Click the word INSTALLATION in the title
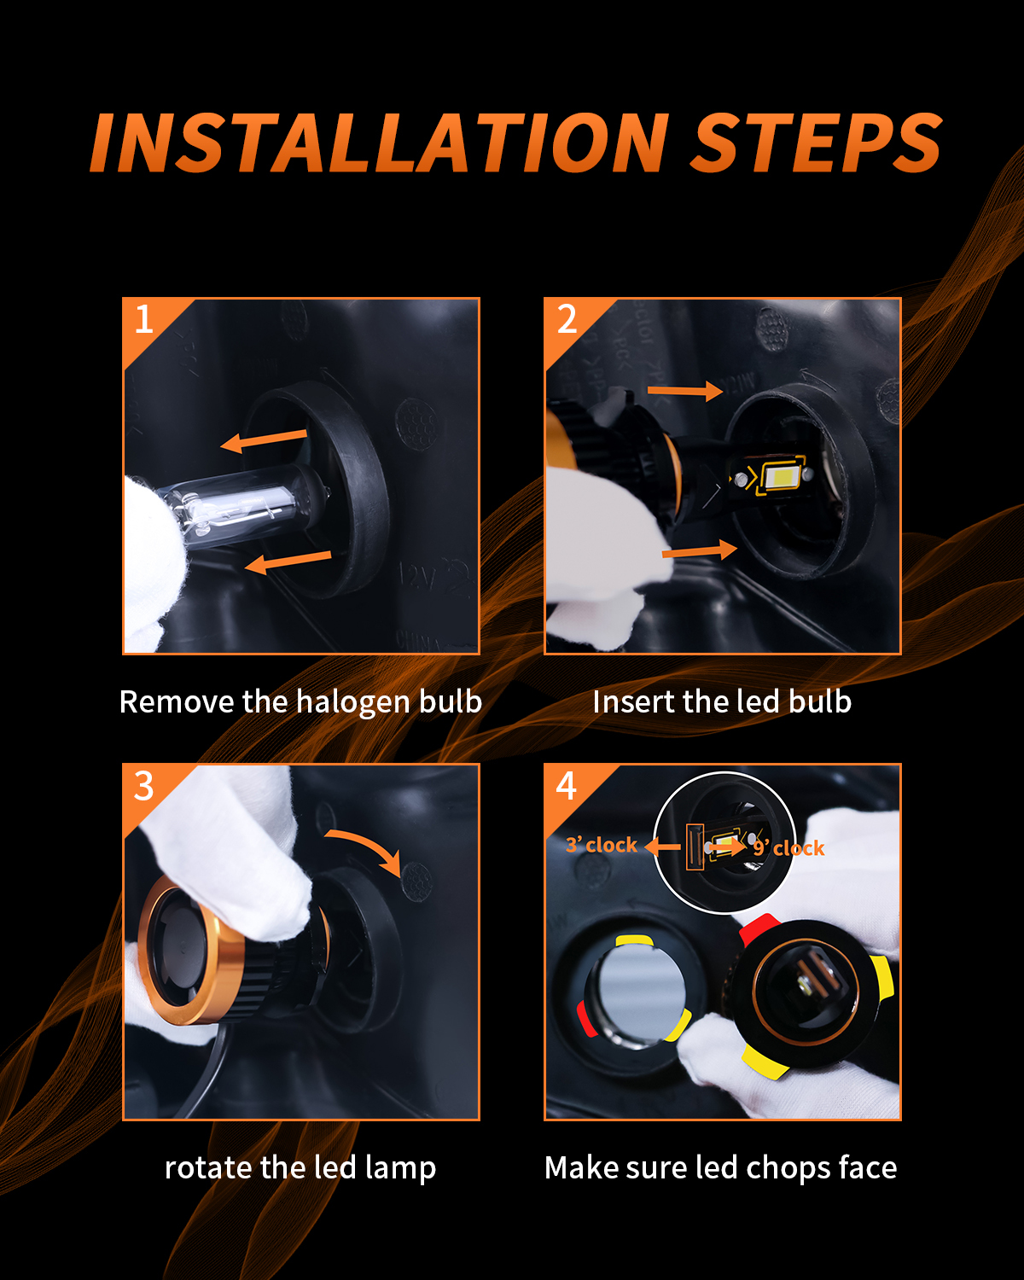[380, 143]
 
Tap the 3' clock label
[601, 845]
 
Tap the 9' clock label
[789, 847]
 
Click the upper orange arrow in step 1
[264, 440]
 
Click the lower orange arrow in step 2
[700, 550]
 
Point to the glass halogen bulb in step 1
[238, 504]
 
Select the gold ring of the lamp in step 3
[190, 952]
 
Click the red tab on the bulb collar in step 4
[759, 929]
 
